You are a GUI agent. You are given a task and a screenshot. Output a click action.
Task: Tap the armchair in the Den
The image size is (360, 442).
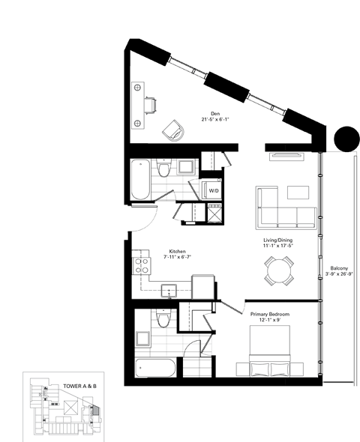[173, 129]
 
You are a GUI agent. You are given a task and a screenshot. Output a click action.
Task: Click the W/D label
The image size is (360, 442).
[214, 190]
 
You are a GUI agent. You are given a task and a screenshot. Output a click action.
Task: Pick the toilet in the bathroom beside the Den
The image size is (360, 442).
[163, 172]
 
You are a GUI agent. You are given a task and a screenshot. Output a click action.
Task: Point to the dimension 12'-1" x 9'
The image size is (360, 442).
[270, 321]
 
